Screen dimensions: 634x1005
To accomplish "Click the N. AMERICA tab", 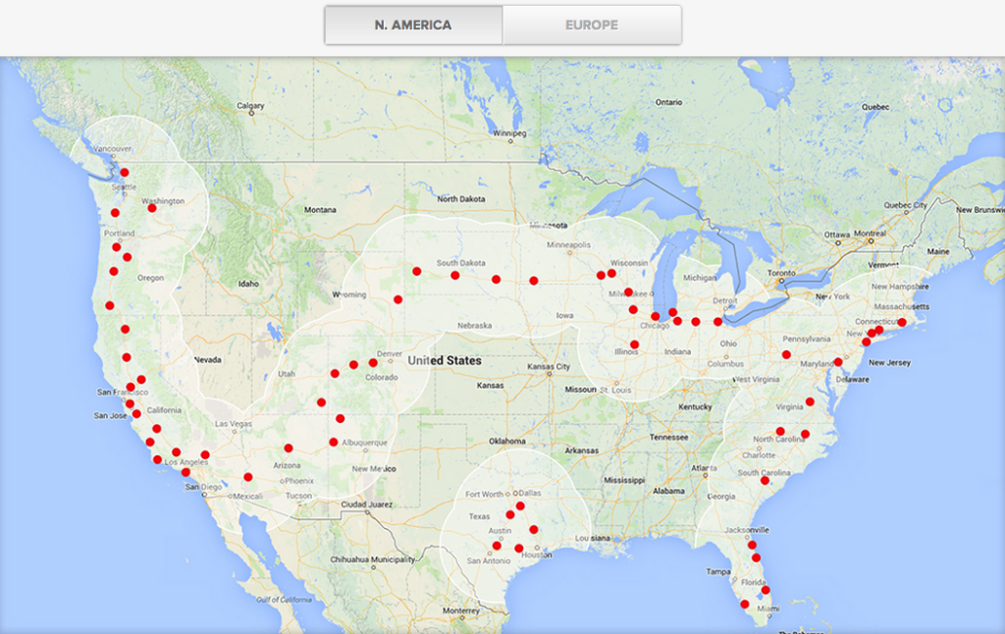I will click(413, 25).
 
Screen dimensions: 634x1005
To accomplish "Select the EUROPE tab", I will click(591, 25).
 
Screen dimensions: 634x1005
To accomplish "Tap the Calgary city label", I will click(250, 106).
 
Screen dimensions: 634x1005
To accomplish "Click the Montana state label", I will click(320, 210).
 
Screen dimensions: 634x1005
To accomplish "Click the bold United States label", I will click(445, 361).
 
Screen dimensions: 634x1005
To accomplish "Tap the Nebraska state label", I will click(475, 325).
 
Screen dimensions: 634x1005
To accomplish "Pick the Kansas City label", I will click(549, 367).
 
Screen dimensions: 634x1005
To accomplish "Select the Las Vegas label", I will click(235, 424).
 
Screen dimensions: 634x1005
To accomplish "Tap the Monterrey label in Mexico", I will click(461, 610).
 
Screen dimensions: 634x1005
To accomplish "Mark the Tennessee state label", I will click(668, 437).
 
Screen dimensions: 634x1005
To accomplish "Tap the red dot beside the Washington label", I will click(151, 208).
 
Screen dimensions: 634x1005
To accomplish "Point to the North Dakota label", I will click(461, 199).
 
